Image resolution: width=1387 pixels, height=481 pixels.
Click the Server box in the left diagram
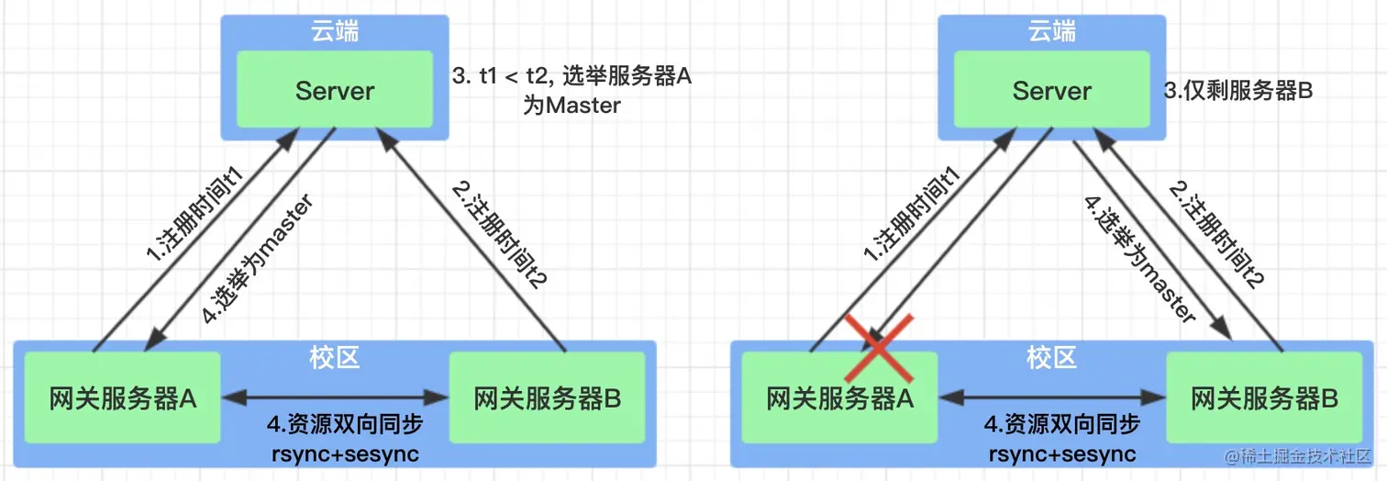click(x=335, y=90)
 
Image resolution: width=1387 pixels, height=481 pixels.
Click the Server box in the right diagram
click(x=1052, y=90)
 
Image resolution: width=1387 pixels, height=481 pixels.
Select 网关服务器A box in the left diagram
click(x=123, y=399)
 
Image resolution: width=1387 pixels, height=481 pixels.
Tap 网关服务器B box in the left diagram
click(x=547, y=399)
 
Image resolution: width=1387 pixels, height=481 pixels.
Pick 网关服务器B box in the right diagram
click(x=1264, y=399)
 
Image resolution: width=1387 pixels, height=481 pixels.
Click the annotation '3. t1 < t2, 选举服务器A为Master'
click(x=571, y=91)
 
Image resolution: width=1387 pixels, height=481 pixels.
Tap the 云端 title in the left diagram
click(x=334, y=33)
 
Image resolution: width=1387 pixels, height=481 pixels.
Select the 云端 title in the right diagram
click(x=1052, y=33)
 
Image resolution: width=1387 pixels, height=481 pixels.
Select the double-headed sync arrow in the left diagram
click(x=335, y=398)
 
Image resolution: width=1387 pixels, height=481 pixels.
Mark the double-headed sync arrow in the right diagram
click(x=1052, y=398)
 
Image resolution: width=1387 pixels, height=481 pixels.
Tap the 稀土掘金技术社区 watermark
click(x=1293, y=456)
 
